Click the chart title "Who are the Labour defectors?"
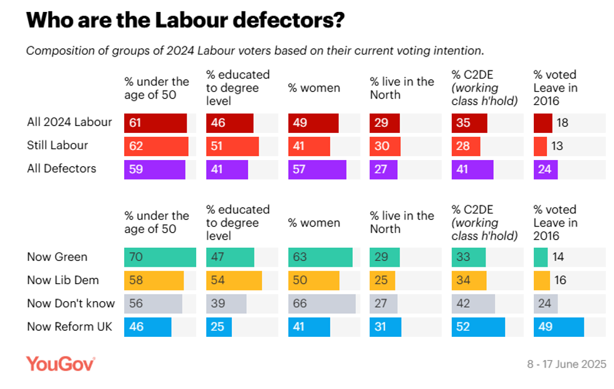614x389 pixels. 185,20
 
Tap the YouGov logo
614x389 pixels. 60,364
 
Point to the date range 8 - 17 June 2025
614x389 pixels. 566,364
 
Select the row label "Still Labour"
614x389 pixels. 58,146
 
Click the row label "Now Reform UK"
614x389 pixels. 70,327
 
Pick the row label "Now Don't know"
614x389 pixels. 71,304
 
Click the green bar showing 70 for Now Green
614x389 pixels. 160,257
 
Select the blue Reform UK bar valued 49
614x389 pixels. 558,327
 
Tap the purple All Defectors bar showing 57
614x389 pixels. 317,169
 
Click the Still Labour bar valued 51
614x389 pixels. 232,146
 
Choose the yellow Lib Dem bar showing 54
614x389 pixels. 234,280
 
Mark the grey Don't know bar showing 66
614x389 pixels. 321,304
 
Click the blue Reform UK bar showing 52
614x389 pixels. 478,327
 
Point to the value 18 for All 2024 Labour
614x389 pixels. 562,123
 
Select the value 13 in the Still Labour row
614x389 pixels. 557,146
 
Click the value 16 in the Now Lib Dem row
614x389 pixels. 560,280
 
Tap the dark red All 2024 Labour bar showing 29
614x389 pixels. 384,123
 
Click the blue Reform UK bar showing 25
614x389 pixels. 219,327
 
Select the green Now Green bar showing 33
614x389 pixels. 469,257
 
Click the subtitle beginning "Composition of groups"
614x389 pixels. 254,50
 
